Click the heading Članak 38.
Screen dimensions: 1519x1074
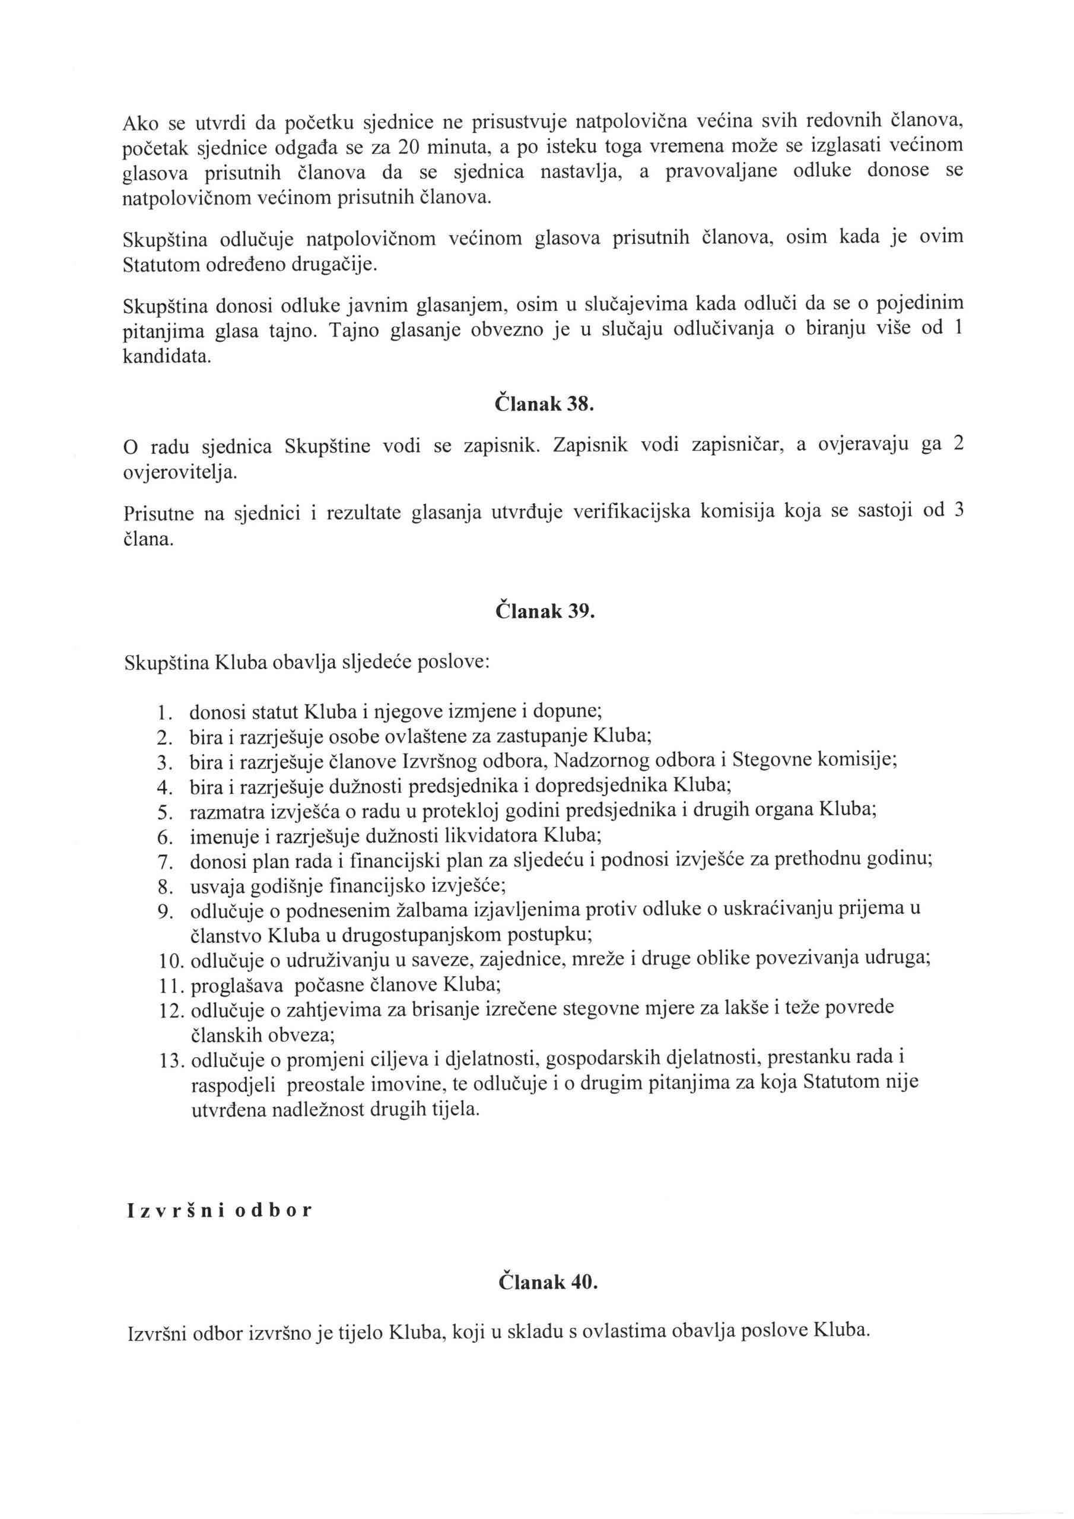tap(545, 404)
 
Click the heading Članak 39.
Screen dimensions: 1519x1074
tap(545, 611)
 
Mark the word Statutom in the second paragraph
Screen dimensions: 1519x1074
tap(161, 265)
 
